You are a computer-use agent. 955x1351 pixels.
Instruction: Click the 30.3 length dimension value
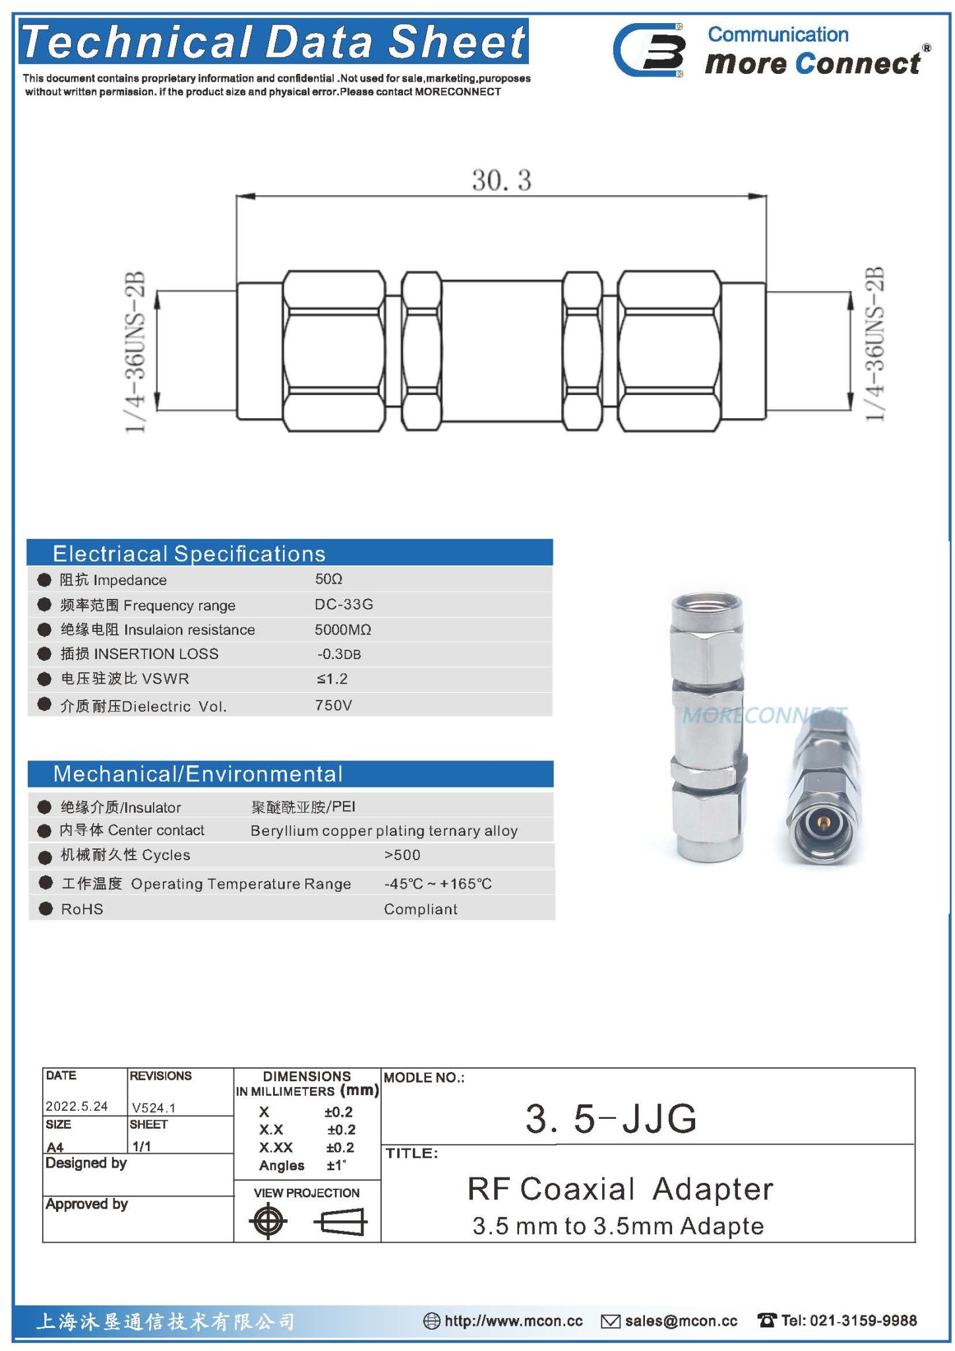501,180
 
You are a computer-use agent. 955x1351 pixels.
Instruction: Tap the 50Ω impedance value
328,579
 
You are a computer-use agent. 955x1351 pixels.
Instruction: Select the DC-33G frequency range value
344,604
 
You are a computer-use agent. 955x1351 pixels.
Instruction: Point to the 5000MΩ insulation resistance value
342,629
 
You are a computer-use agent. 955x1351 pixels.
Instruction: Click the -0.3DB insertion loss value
339,654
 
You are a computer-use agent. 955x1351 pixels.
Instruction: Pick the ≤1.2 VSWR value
332,679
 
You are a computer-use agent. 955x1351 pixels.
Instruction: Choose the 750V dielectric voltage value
333,705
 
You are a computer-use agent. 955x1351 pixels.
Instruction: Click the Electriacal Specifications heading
189,553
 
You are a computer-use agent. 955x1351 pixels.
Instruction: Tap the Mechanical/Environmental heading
198,774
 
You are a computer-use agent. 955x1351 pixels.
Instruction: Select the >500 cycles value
402,855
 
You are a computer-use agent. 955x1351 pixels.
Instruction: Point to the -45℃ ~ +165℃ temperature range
438,884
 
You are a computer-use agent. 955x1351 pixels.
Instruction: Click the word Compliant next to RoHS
420,909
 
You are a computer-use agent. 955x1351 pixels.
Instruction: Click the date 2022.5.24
77,1106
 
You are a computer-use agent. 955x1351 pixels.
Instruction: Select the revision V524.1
154,1108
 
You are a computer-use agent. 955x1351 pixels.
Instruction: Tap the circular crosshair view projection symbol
268,1221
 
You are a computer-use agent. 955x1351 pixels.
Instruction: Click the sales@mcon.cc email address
681,1321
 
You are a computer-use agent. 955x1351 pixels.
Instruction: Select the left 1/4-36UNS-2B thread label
136,352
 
